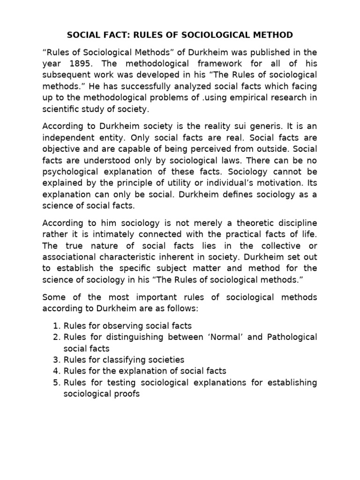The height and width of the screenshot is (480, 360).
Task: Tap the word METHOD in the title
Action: tap(271, 35)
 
